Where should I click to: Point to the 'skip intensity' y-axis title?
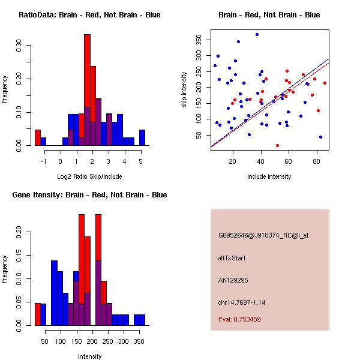[x=185, y=90]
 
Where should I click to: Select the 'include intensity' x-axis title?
[x=269, y=176]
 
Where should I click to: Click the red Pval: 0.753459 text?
[x=239, y=319]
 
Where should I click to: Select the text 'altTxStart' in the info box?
[x=232, y=258]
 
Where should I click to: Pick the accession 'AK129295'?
[x=233, y=280]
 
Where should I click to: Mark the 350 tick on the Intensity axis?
[x=139, y=341]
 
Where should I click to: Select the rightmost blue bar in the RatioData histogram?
[x=142, y=137]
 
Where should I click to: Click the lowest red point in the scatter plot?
[x=277, y=145]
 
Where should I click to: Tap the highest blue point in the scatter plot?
[x=257, y=35]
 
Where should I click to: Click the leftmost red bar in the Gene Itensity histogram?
[x=38, y=314]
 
